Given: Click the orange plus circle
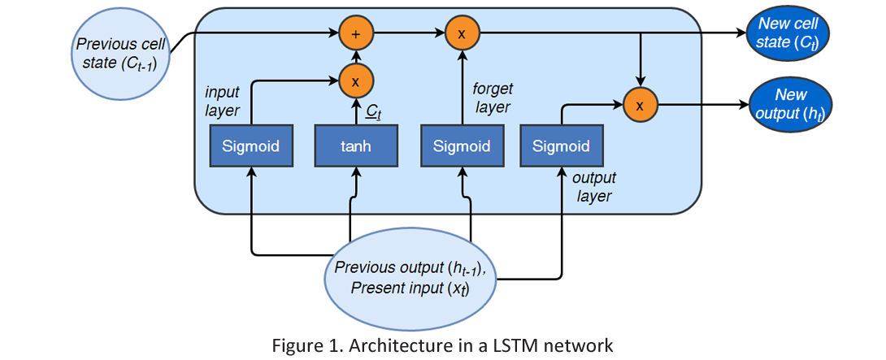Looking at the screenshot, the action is point(355,33).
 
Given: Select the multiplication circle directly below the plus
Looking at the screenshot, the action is point(355,81).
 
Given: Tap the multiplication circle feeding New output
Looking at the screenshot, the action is point(641,105).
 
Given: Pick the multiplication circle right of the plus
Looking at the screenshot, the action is point(462,33).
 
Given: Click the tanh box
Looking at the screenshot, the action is point(356,146).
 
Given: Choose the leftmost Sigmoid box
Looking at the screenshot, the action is point(251,146).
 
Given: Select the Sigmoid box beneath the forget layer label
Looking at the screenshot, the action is point(462,146).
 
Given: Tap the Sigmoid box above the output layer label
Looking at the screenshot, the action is point(561,146).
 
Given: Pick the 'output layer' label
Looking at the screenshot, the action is point(593,187).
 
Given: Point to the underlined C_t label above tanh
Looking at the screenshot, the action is point(373,112).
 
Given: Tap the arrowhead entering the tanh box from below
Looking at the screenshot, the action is point(356,172).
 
